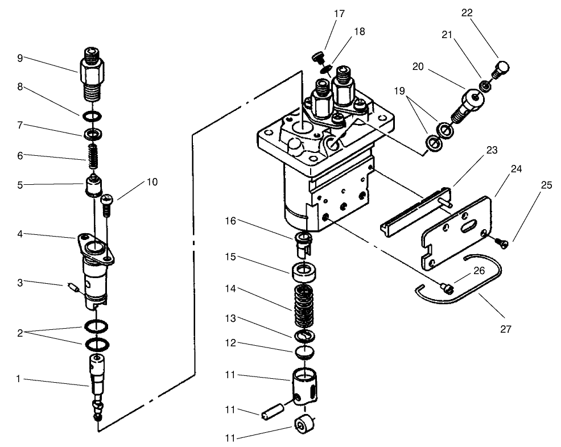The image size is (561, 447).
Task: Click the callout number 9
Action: tap(20, 57)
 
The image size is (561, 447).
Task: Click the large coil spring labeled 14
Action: tap(307, 304)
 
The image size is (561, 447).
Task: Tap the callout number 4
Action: tap(20, 233)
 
